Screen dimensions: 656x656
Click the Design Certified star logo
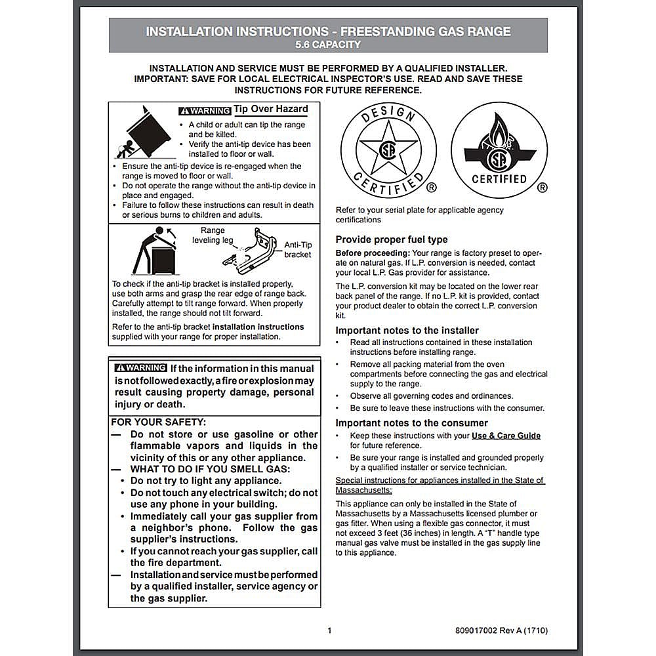click(x=388, y=150)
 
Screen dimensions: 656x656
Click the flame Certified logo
click(x=499, y=150)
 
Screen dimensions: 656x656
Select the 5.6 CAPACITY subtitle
click(x=328, y=45)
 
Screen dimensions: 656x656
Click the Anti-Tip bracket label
click(x=298, y=249)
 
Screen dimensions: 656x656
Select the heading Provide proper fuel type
click(x=392, y=239)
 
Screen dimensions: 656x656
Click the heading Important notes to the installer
click(x=407, y=331)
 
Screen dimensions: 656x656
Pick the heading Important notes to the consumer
click(x=411, y=423)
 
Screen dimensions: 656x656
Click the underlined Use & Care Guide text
click(x=506, y=436)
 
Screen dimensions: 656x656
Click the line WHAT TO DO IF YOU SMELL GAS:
click(x=210, y=469)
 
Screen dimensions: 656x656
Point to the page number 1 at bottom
click(x=329, y=631)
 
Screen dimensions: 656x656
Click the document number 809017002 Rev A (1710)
click(x=501, y=631)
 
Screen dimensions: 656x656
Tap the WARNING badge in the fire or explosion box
click(x=140, y=368)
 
